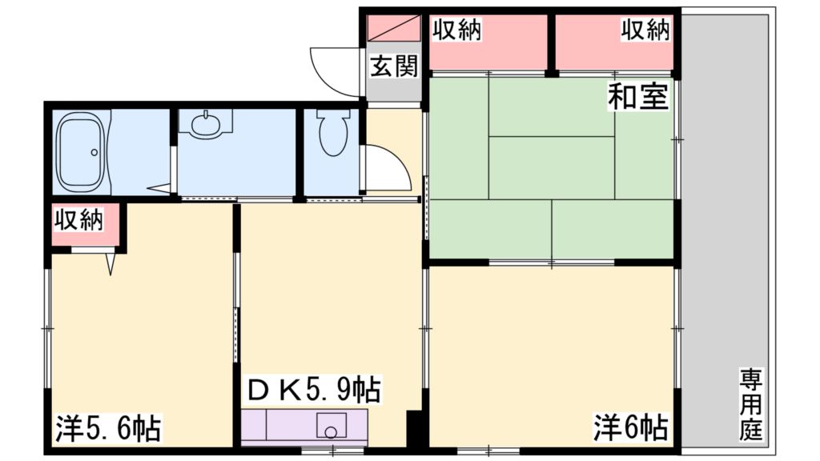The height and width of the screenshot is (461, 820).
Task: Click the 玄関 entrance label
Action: click(x=393, y=67)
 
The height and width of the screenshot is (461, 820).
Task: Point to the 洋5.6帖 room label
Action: click(x=107, y=428)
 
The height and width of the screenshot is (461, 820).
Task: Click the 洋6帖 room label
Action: click(x=630, y=427)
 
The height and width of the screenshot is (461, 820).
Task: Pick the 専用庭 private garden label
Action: click(x=750, y=405)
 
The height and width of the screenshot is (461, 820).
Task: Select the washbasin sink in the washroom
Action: click(x=205, y=124)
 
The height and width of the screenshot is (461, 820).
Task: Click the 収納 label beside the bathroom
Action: click(x=78, y=222)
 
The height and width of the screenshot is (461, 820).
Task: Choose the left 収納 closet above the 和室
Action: click(x=487, y=42)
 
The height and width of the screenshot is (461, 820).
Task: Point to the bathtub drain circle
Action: click(x=95, y=151)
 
